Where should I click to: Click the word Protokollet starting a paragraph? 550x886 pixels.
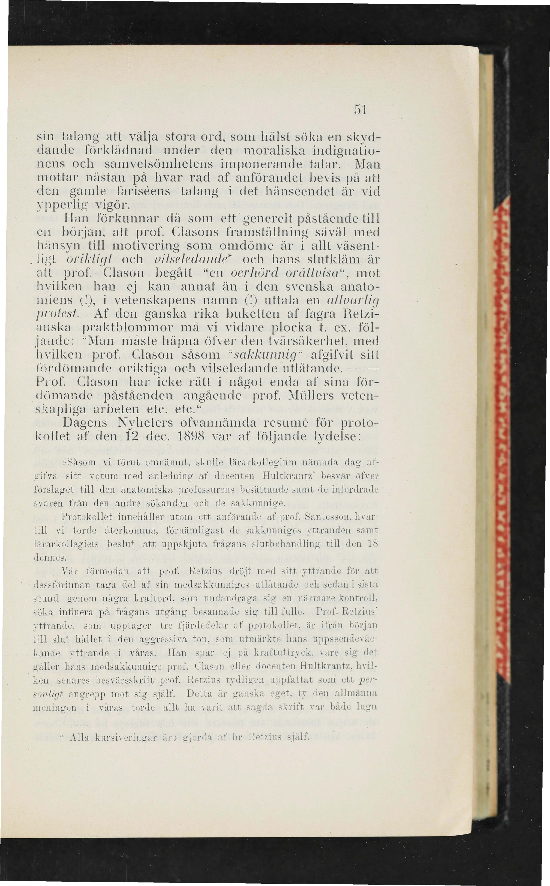87,517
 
